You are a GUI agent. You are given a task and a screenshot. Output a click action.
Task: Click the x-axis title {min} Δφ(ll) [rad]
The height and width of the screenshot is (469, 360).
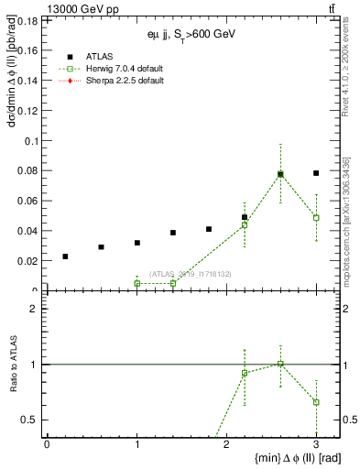coord(278,458)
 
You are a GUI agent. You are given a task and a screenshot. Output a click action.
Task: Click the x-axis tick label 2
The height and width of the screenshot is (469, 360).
coord(226,443)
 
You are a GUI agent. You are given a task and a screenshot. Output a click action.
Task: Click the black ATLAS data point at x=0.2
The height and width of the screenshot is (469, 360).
coord(65,256)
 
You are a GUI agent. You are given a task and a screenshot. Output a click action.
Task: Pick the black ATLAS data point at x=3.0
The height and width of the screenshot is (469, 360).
coord(316,173)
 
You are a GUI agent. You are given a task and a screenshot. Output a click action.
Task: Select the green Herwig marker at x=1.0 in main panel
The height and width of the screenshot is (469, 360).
coord(137,284)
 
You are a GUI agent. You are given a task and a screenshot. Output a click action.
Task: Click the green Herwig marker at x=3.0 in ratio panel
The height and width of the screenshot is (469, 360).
coord(316,402)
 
